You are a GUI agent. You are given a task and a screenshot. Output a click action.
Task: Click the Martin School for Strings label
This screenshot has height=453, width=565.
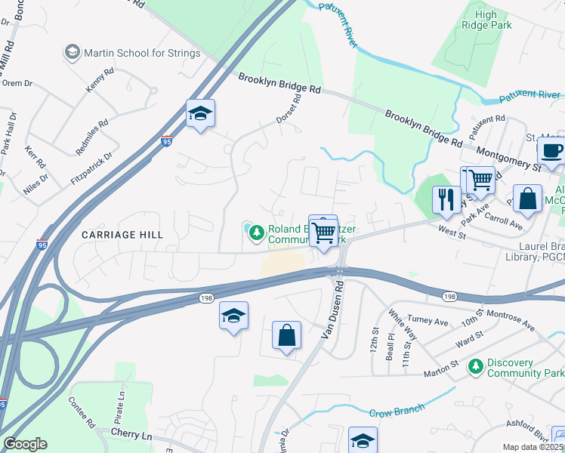[x=142, y=53]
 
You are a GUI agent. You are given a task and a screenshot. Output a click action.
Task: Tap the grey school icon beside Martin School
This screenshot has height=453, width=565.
[x=73, y=52]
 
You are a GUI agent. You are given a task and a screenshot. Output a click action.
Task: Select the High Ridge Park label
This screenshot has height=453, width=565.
[x=496, y=20]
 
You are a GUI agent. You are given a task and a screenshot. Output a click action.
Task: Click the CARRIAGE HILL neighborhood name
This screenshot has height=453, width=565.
[x=122, y=235]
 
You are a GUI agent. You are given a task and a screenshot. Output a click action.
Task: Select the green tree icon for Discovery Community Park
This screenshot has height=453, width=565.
[x=475, y=367]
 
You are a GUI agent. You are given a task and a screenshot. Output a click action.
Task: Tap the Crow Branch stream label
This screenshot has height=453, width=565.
[x=394, y=412]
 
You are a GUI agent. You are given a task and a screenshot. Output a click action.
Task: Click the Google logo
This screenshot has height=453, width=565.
[x=25, y=444]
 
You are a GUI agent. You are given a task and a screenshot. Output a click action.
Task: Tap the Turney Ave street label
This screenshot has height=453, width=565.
[x=428, y=321]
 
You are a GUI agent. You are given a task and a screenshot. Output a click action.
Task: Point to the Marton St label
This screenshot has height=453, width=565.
[x=442, y=372]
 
